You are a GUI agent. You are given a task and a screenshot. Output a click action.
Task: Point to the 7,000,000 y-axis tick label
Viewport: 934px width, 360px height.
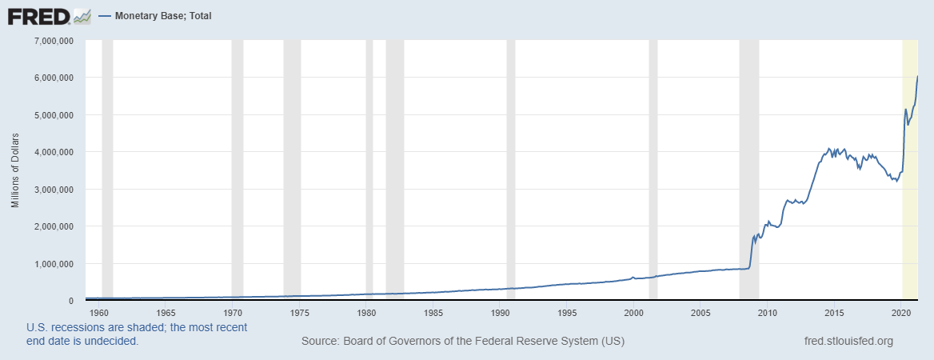point(52,40)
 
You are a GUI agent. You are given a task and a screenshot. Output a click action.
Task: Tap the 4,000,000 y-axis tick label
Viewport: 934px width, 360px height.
point(52,152)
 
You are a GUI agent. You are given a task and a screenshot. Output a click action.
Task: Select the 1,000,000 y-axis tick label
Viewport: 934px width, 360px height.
point(52,264)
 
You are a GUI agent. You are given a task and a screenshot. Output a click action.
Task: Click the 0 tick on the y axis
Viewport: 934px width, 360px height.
point(71,301)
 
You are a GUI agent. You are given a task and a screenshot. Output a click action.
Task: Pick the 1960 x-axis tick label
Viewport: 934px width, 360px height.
point(99,313)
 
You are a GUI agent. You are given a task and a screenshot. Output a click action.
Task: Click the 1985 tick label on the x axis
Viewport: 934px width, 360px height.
point(433,313)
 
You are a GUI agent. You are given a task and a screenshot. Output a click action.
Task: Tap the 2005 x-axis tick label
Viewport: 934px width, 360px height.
point(700,313)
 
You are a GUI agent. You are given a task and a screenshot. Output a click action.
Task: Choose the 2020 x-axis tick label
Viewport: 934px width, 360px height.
point(901,313)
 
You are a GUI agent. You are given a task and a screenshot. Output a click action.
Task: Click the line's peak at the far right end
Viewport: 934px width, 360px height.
point(917,77)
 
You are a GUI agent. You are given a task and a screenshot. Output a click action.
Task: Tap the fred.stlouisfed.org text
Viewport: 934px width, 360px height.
point(848,342)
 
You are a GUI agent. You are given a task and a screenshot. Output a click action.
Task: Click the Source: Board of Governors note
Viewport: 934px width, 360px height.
point(463,342)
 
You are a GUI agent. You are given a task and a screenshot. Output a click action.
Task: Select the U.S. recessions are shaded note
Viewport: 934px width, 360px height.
point(137,334)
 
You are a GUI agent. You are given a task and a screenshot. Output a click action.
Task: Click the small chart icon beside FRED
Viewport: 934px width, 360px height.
point(82,15)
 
